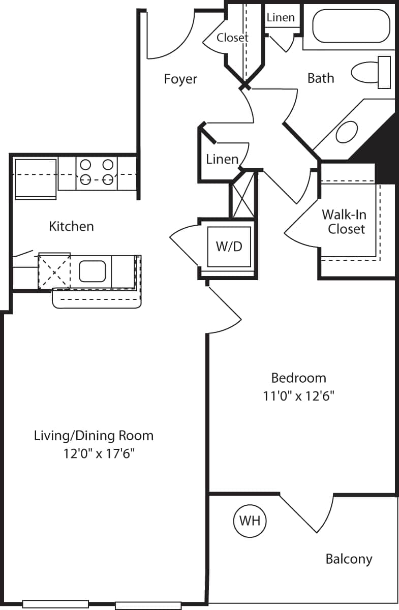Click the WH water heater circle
click(x=250, y=521)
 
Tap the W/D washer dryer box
click(x=230, y=247)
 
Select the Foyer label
click(x=180, y=79)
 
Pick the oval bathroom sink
click(x=348, y=132)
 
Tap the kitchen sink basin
click(x=92, y=270)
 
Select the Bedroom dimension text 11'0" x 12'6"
click(x=298, y=395)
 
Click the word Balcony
click(x=349, y=559)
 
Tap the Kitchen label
click(x=71, y=226)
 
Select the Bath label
click(x=321, y=78)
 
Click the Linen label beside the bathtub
click(x=281, y=17)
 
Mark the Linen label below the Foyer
click(x=222, y=159)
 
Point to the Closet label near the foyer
click(x=232, y=38)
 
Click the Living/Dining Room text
click(x=94, y=436)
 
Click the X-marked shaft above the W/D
click(x=242, y=194)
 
